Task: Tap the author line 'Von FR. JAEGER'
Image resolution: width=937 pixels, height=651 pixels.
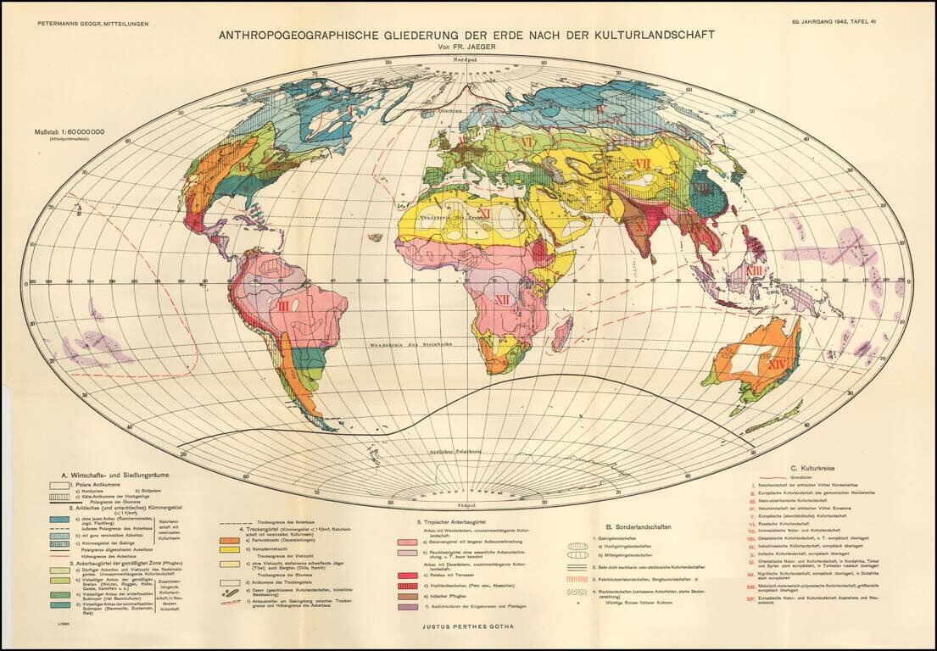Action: point(467,47)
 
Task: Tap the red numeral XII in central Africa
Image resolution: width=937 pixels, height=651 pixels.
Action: point(502,299)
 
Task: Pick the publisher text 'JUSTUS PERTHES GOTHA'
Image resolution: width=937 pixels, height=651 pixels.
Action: point(467,627)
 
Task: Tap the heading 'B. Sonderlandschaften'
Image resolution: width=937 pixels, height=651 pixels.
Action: point(633,526)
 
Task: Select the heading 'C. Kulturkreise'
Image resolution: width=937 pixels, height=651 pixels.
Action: point(816,467)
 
